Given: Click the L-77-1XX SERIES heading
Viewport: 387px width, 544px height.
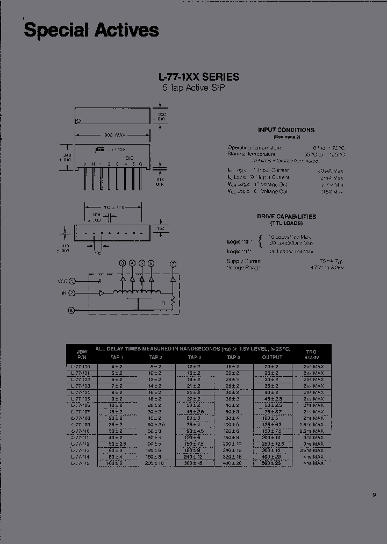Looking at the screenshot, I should point(198,77).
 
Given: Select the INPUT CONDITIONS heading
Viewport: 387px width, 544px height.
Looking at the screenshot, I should point(286,130).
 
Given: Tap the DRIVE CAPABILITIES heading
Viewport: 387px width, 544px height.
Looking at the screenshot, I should point(286,217).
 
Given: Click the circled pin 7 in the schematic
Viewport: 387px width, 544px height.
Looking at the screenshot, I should point(173,263).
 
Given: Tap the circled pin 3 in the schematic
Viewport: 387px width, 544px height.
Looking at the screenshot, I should point(123,263).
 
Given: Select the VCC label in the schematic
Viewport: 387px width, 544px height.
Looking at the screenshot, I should point(63,281).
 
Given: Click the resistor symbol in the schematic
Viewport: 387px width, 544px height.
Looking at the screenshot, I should point(173,302).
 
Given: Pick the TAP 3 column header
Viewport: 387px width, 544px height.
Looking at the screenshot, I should point(195,357).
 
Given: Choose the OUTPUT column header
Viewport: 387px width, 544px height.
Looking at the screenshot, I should point(271,357).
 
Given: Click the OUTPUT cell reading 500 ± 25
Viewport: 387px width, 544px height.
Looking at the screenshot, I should point(271,463).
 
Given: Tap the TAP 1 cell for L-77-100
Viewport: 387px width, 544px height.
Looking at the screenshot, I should point(117,366).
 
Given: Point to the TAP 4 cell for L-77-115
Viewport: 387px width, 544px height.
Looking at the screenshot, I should point(233,463).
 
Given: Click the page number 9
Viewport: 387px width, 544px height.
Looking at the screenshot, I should point(374,496).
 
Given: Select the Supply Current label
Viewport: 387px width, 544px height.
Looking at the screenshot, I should point(244,261).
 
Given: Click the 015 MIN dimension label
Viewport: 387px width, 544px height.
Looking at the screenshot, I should point(160,181).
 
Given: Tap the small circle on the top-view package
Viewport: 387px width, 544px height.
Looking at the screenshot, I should point(79,120).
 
